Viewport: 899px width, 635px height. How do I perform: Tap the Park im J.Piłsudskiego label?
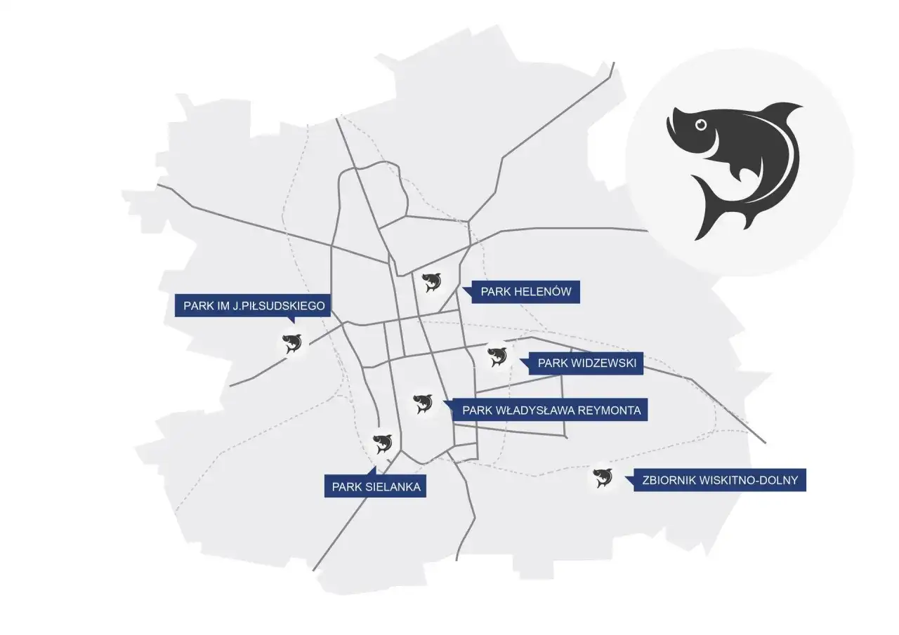point(254,306)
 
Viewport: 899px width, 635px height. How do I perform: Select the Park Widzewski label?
point(586,363)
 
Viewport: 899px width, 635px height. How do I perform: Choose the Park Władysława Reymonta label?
point(551,410)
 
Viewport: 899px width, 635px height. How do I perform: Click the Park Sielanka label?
point(375,487)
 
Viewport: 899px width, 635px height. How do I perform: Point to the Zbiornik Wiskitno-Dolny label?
point(720,481)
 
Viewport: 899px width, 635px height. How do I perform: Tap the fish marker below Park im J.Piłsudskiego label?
point(291,343)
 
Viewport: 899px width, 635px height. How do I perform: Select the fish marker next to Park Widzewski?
point(497,356)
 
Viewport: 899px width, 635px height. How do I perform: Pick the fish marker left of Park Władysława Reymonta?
point(423,403)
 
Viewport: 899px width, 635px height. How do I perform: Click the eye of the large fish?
point(700,125)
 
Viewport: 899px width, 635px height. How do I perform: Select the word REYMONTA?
point(610,410)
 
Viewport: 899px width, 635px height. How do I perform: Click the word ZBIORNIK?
point(671,481)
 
